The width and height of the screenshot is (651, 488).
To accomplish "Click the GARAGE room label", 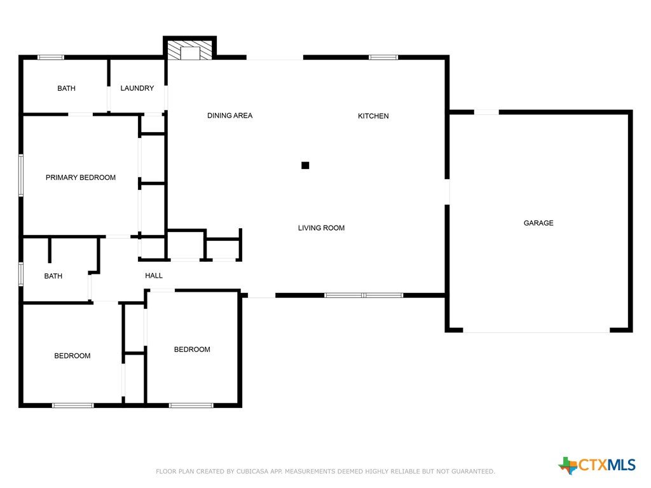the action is (538, 223).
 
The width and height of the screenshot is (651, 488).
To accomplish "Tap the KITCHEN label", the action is (373, 116).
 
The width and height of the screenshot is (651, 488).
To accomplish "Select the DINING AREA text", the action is (230, 116).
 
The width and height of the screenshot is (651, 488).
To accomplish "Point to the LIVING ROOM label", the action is (321, 228).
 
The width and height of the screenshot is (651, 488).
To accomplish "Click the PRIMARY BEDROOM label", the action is (81, 178).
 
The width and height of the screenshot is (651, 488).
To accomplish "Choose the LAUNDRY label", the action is (137, 88).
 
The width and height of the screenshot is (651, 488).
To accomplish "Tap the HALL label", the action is (154, 276).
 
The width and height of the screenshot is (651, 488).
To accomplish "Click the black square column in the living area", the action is (305, 166).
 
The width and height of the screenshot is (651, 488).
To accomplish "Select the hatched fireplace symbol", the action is (190, 50).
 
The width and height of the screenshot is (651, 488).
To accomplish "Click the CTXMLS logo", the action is (597, 464).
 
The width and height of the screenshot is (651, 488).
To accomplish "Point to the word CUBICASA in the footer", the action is (253, 471).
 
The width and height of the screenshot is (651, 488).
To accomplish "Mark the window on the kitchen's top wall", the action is (383, 57).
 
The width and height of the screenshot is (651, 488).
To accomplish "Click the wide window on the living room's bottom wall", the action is (364, 295).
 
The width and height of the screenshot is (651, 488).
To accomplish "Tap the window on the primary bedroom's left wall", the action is (21, 175).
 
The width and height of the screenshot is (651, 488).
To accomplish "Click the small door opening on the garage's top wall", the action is (486, 112).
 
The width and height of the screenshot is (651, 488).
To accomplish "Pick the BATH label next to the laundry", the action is (66, 88).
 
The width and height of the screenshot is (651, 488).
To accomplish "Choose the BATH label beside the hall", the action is (53, 276).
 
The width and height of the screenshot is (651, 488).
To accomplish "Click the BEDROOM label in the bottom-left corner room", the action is (72, 356).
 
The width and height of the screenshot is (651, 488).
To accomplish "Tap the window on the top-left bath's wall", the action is (51, 57).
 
